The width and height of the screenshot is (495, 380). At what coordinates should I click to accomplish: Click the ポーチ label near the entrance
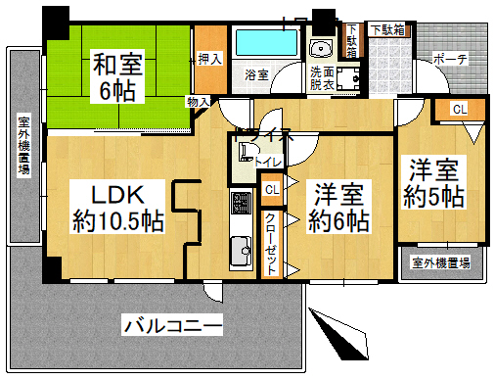[x=450, y=60]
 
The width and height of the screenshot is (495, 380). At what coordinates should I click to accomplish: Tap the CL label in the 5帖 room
[x=459, y=109]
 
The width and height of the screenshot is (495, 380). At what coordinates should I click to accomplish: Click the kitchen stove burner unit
[x=239, y=206]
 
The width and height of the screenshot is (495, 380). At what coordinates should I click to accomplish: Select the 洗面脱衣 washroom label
[x=322, y=79]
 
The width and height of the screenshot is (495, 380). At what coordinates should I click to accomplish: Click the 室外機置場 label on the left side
[x=22, y=145]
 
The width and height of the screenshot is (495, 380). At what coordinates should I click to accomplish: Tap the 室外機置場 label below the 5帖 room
[x=440, y=262]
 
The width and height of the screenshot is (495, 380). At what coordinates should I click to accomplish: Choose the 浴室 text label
[x=257, y=73]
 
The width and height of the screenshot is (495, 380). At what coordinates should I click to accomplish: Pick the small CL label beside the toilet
[x=271, y=188]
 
